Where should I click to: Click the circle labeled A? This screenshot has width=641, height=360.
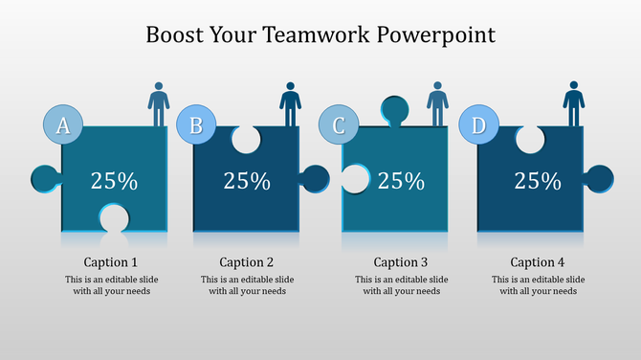[64, 125]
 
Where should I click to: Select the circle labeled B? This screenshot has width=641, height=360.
[196, 125]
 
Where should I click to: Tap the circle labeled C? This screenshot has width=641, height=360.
[338, 125]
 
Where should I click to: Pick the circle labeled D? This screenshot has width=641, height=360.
[478, 125]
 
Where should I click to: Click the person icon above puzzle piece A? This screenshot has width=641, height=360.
[159, 103]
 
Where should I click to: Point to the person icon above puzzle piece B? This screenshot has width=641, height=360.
[291, 103]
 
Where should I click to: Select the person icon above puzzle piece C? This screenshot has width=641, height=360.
[438, 103]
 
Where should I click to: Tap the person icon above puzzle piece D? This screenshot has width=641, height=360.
[574, 103]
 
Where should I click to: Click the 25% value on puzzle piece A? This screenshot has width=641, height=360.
[114, 180]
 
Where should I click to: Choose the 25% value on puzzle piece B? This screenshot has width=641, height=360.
[247, 180]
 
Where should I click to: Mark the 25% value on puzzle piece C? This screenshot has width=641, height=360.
[401, 180]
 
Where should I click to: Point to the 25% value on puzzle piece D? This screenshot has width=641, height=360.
[538, 180]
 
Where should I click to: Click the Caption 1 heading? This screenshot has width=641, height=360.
[111, 262]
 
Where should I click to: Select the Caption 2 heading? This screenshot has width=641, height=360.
[247, 262]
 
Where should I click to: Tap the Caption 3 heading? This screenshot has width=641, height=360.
[401, 262]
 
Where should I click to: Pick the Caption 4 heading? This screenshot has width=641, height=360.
[538, 262]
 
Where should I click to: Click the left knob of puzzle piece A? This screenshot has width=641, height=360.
[44, 178]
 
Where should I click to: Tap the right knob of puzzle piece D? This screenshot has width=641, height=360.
[599, 178]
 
